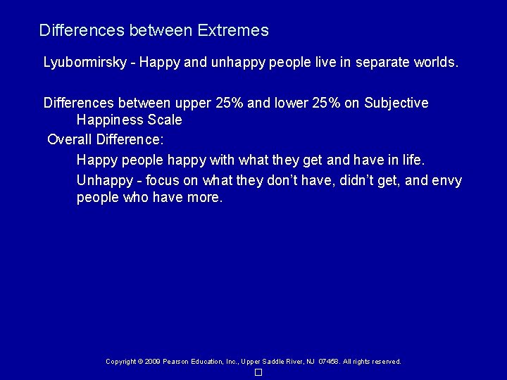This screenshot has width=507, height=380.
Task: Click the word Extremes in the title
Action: pos(233,30)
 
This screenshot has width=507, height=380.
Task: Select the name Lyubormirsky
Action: pos(85,63)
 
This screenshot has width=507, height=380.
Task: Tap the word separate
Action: pos(385,62)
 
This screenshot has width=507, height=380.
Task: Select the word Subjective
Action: pos(396,103)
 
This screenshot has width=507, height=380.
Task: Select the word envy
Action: pos(446,181)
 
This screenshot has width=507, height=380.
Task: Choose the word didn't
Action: pos(361,181)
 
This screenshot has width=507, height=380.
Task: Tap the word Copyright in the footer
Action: pos(120,362)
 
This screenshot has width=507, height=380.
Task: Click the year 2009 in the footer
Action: pos(152,362)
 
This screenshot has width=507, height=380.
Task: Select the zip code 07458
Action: pos(328,362)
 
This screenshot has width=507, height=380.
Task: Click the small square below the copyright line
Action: pos(258,372)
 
